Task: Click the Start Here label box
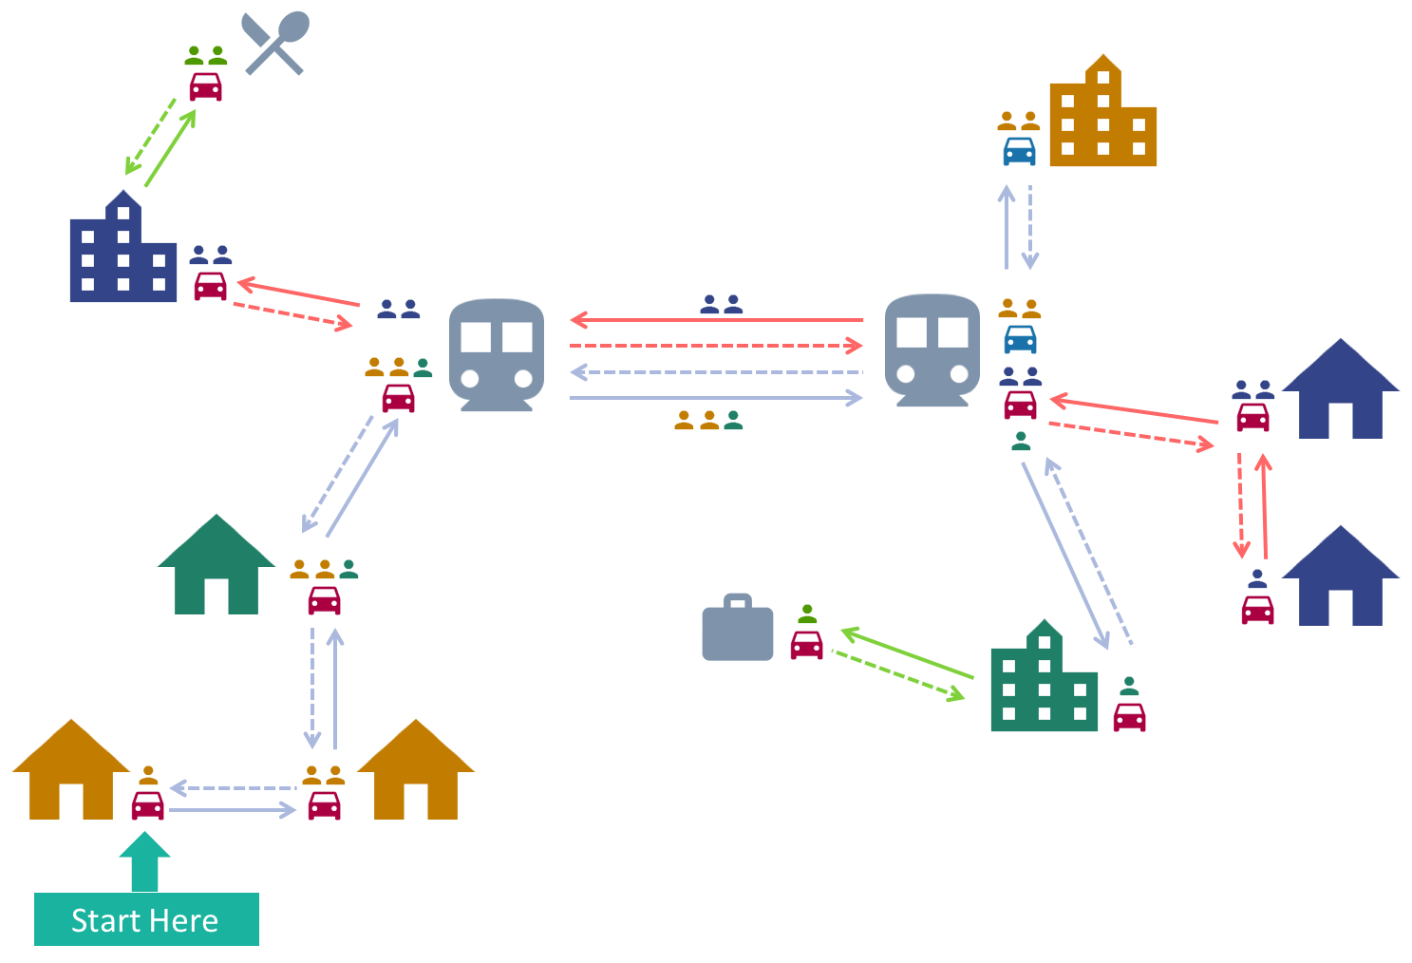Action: [x=146, y=919]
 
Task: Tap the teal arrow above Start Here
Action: [x=144, y=861]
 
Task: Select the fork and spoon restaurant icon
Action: [x=275, y=43]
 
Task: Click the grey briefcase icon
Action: [x=738, y=629]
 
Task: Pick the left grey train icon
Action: [x=496, y=354]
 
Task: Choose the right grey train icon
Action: [x=932, y=349]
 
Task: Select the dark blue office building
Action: [x=122, y=248]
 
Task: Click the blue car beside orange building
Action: [x=1019, y=151]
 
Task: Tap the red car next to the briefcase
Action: [x=806, y=645]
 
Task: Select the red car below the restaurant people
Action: [x=205, y=86]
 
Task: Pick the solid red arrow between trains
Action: [x=717, y=321]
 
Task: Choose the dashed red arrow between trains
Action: [x=717, y=346]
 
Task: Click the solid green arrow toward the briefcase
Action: [x=907, y=653]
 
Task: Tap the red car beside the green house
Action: [x=324, y=600]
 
